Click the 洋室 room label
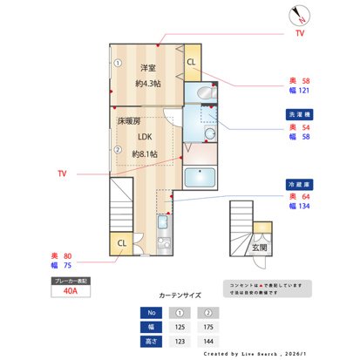[148, 67]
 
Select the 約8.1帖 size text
[146, 154]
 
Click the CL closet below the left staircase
[122, 243]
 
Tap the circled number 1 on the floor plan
[117, 63]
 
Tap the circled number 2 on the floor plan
[117, 148]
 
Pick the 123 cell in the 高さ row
[180, 342]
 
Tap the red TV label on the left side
[62, 174]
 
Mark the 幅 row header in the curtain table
[151, 327]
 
